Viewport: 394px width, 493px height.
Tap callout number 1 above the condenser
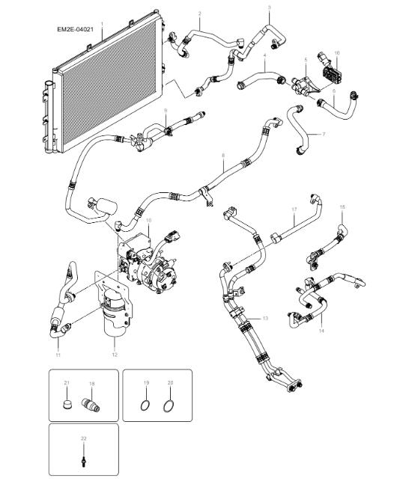(x=101, y=25)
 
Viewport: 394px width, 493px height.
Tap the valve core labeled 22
(x=83, y=457)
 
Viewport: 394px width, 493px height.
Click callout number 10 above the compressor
(x=148, y=221)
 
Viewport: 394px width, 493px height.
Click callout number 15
(x=342, y=206)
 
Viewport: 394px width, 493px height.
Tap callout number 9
(x=166, y=111)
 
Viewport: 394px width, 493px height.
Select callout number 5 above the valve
(x=306, y=59)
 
